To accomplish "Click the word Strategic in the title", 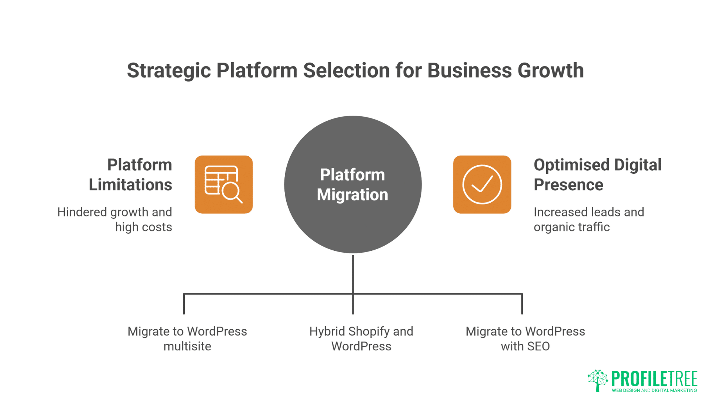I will [168, 70].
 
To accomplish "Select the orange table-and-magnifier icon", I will [224, 184].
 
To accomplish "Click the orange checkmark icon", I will [482, 184].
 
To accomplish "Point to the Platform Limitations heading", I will [131, 174].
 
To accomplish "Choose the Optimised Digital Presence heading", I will [597, 174].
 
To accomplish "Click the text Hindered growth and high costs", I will [115, 219].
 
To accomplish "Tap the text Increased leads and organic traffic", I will [589, 219].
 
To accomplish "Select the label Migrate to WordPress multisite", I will [187, 339].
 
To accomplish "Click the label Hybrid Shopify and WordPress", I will [361, 339].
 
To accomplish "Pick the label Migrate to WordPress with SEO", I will [525, 339].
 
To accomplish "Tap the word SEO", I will [538, 346].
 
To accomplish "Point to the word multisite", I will [187, 346].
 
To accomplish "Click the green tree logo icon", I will [597, 380].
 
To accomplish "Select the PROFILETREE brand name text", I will [654, 379].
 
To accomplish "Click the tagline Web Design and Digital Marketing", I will [654, 390].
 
